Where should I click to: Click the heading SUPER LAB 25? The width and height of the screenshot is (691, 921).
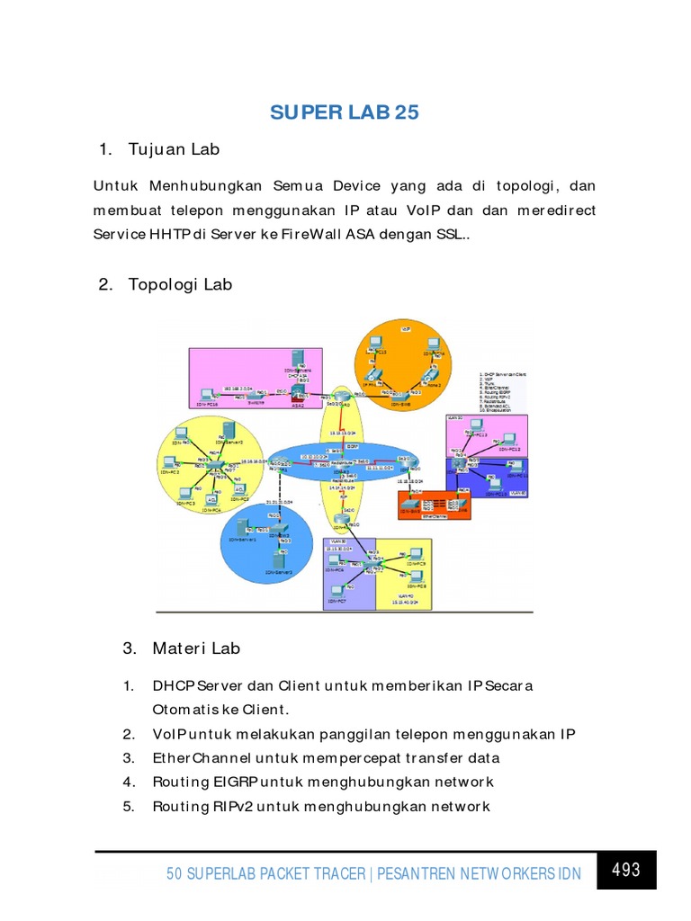pos(345,112)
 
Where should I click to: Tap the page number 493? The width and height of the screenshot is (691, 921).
pos(625,869)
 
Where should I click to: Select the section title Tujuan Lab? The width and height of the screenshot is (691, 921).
pos(174,148)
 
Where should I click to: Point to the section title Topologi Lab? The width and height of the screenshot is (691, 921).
pos(180,284)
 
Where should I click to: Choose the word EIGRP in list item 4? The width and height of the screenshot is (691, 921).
pos(229,782)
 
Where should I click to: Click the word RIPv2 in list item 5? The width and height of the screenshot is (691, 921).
pos(229,806)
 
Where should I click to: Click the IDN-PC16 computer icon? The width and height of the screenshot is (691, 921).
pos(207,395)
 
